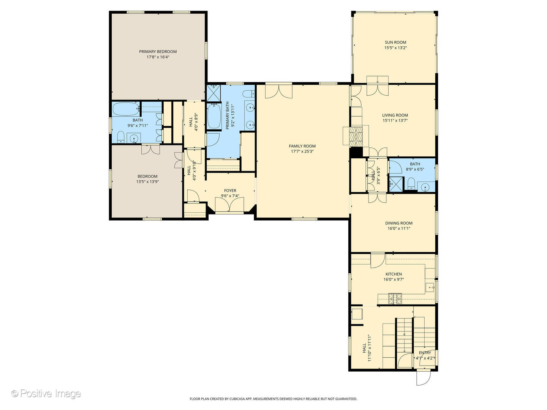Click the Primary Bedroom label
point(158,52)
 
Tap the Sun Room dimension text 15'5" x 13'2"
point(395,47)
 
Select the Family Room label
point(302,146)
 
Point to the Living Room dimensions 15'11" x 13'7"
point(395,120)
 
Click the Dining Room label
point(399,223)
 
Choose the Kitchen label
point(394,274)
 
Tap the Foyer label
point(230,191)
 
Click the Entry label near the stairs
point(425,353)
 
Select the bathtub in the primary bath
point(214,116)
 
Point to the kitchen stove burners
point(395,299)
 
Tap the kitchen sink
point(430,287)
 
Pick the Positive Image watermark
point(46,393)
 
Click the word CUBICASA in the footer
point(238,399)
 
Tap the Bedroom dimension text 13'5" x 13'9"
point(147,182)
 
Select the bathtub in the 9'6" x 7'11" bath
point(126,109)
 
